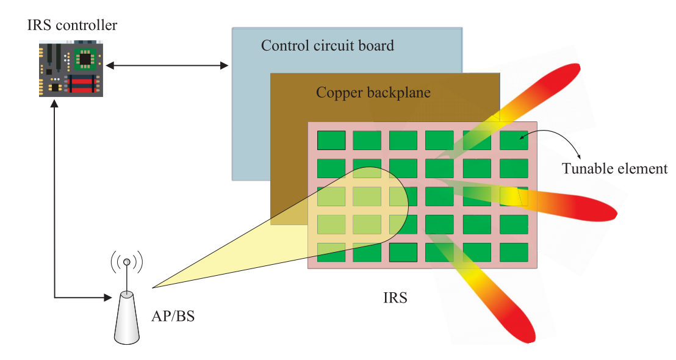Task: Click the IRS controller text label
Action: [x=72, y=26]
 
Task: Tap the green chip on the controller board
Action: [x=84, y=59]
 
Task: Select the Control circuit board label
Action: [x=327, y=46]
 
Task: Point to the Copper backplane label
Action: [x=373, y=93]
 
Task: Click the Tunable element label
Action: [x=614, y=168]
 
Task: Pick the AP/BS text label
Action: [x=172, y=317]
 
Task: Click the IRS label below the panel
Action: [x=395, y=298]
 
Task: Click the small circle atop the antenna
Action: [x=127, y=262]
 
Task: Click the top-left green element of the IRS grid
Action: [x=331, y=140]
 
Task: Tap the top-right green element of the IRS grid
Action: [x=514, y=140]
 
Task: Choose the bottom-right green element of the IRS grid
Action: [x=514, y=252]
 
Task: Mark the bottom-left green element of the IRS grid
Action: [x=331, y=252]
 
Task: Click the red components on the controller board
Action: [x=86, y=84]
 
